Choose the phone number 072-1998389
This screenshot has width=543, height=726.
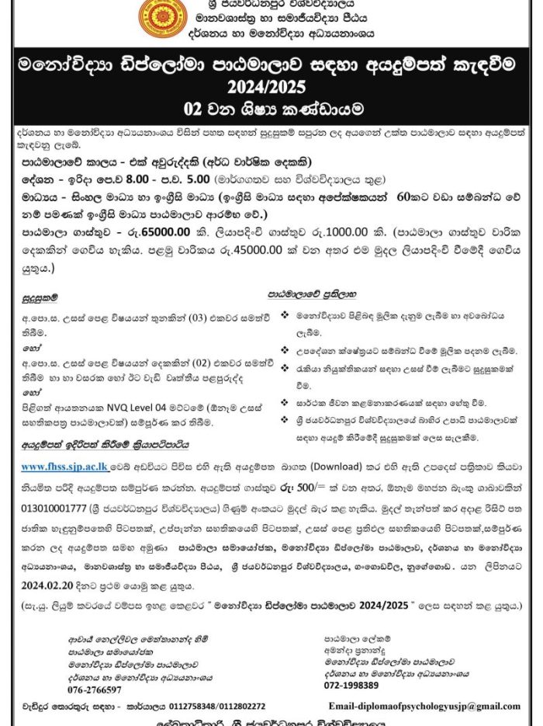351,685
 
